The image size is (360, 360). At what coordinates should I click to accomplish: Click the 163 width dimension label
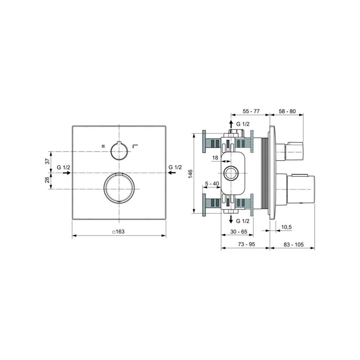118,231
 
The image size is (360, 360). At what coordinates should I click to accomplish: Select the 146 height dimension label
190,174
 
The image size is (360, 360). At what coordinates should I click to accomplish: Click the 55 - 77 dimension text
251,111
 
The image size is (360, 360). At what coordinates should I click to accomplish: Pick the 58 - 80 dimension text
287,111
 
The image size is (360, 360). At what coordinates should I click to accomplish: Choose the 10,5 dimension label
286,227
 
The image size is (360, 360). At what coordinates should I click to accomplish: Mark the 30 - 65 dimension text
239,231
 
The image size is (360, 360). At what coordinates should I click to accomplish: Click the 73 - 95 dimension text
246,244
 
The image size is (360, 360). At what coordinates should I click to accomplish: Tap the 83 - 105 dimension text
293,245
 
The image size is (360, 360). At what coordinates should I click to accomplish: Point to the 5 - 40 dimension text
212,184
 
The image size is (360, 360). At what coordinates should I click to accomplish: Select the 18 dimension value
215,158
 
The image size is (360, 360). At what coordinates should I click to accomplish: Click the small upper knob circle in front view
119,151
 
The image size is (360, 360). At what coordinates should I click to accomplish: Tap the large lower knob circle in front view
119,188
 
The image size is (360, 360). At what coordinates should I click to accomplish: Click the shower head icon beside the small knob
103,146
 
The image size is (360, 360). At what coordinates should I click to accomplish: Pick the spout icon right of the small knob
135,146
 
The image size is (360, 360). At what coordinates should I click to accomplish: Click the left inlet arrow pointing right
67,173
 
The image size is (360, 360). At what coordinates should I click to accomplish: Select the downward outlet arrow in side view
231,219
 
